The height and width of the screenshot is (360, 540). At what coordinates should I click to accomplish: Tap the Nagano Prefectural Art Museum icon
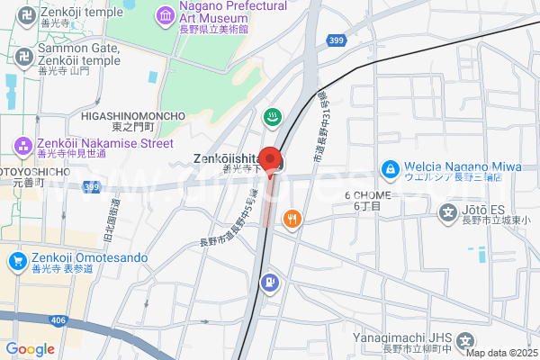click(166, 15)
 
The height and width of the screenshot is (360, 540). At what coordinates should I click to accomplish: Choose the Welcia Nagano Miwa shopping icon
click(389, 168)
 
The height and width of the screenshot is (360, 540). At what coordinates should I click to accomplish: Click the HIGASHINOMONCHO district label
click(133, 116)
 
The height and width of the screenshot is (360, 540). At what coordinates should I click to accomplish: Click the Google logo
click(30, 349)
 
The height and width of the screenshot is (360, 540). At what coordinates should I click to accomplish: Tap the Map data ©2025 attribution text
click(501, 353)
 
